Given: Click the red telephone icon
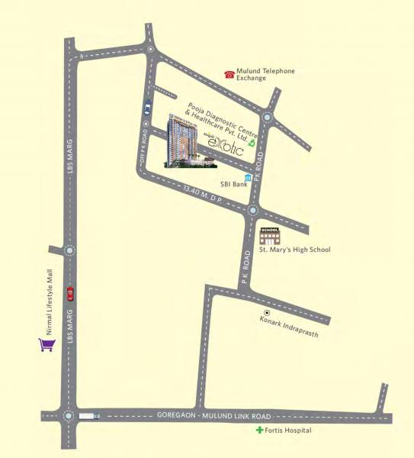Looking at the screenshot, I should tap(229, 74).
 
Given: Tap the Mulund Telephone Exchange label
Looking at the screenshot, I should tap(265, 74).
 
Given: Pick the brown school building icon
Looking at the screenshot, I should tap(270, 236).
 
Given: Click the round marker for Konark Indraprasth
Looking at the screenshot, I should tap(267, 314).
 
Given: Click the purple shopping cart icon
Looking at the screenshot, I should tap(47, 345).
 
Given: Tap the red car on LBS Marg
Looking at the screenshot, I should tap(70, 293).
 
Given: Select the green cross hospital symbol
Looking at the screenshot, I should tap(258, 431).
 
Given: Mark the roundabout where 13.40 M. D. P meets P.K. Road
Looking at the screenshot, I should tap(253, 210).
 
